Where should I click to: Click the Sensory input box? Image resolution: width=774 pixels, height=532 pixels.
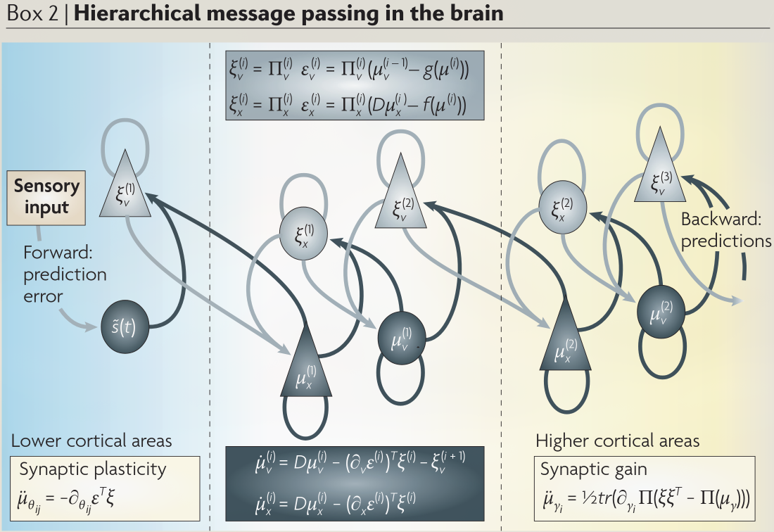pyautogui.click(x=47, y=198)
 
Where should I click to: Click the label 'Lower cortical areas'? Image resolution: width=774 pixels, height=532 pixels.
pyautogui.click(x=91, y=441)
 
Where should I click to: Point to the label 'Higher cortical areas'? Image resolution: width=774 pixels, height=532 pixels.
pyautogui.click(x=617, y=441)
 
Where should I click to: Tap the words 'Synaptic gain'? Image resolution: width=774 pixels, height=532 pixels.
pyautogui.click(x=585, y=469)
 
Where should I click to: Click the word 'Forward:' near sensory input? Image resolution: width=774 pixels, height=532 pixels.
pyautogui.click(x=53, y=253)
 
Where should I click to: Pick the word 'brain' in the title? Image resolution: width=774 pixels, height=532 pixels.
pyautogui.click(x=473, y=13)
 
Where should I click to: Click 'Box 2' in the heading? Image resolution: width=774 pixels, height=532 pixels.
pyautogui.click(x=29, y=13)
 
